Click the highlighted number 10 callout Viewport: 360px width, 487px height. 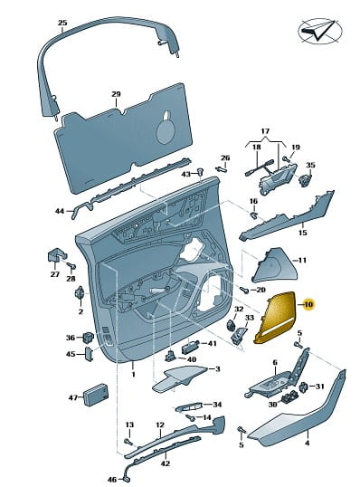tap(308, 305)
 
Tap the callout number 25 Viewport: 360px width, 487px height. tap(62, 23)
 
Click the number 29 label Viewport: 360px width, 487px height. tap(116, 94)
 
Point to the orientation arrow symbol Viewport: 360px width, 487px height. tap(320, 31)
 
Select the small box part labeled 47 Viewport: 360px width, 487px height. tap(96, 395)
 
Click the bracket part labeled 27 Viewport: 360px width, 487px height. tap(56, 255)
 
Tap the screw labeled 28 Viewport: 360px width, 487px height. tap(71, 265)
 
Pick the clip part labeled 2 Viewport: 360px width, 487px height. tap(81, 293)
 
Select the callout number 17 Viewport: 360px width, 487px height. tap(265, 131)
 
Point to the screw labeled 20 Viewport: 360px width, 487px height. tap(244, 290)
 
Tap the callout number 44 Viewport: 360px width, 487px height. tap(60, 211)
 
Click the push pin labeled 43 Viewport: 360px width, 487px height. tap(200, 171)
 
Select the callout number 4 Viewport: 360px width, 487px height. tap(307, 444)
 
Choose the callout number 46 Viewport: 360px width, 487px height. tap(112, 480)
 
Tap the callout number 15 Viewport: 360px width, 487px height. tap(303, 233)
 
